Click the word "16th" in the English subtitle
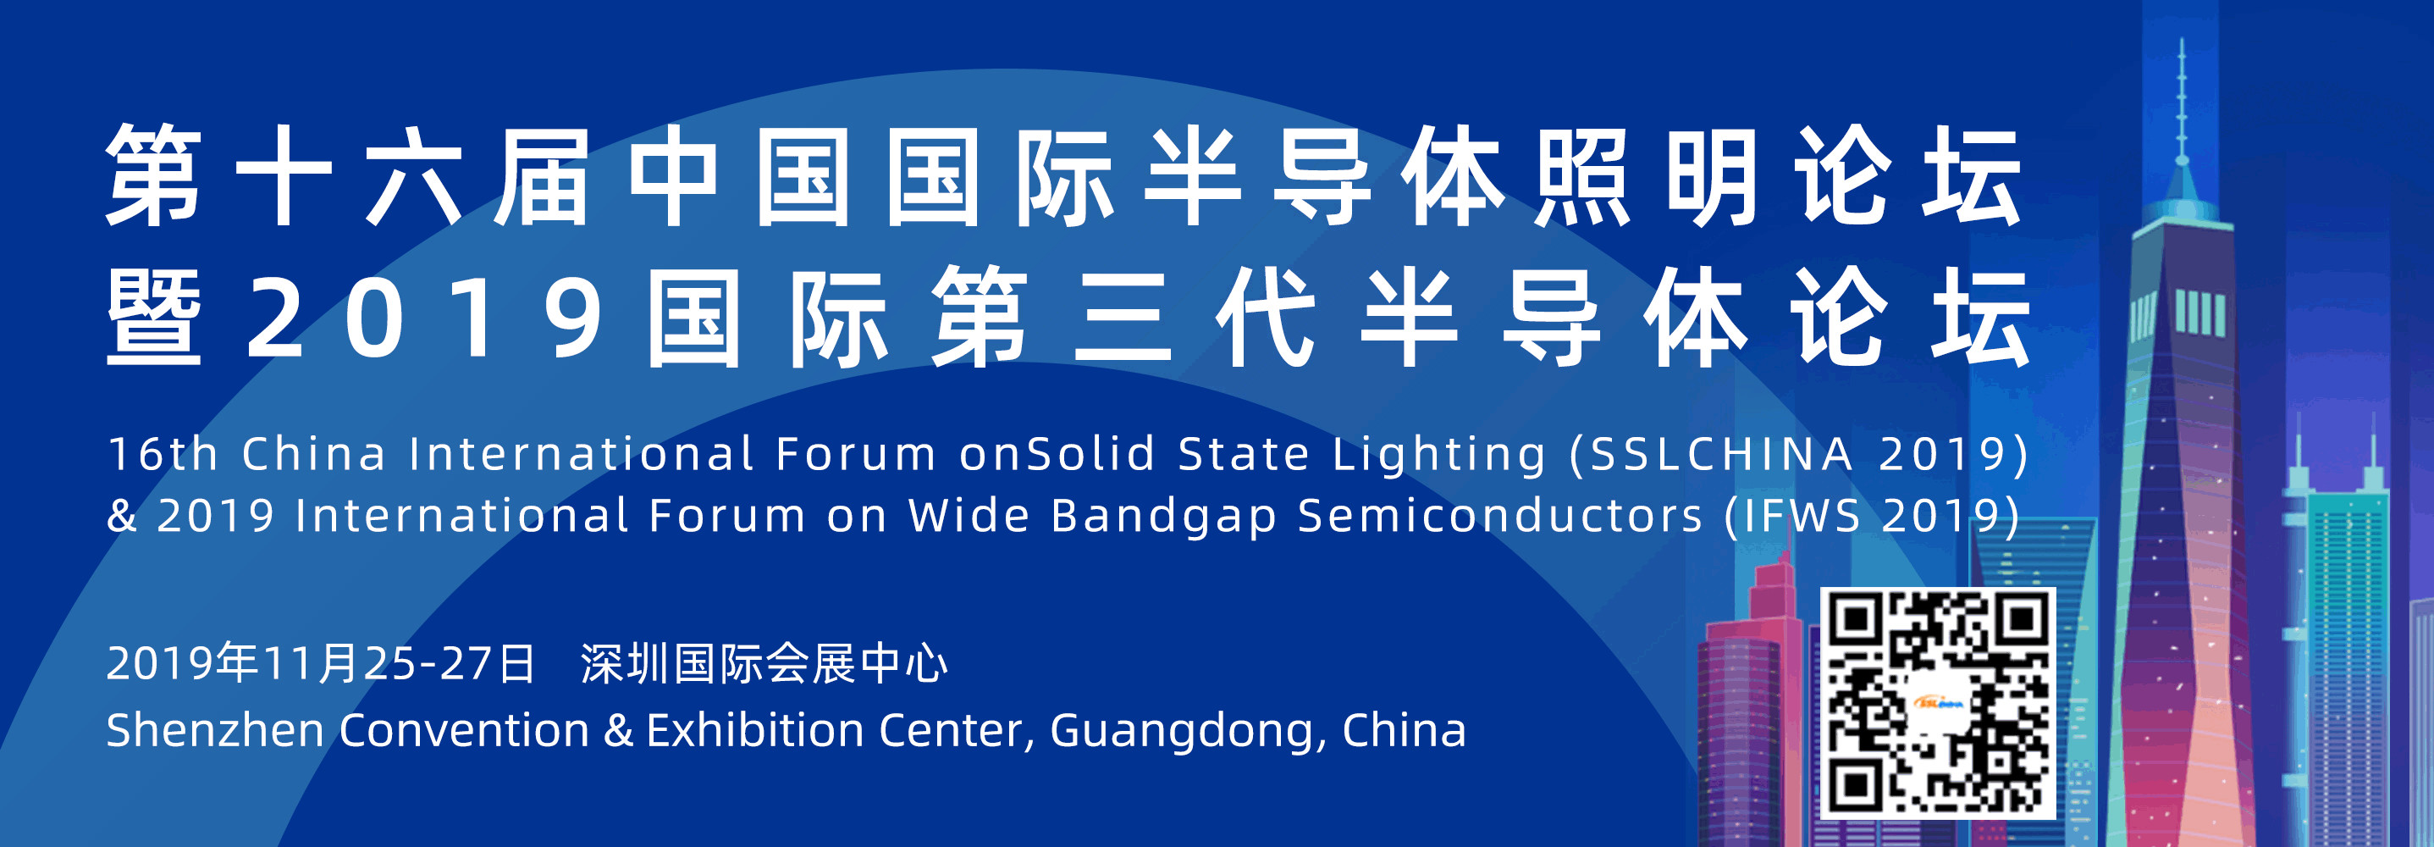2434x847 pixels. click(163, 454)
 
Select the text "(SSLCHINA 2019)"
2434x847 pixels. click(1800, 456)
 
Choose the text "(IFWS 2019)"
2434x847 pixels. click(1874, 517)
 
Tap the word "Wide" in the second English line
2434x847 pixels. click(969, 516)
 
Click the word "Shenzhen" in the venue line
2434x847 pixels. click(215, 731)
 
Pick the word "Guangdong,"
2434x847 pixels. click(1185, 733)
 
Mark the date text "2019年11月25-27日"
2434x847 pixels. click(321, 662)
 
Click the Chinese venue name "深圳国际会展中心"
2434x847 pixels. click(764, 662)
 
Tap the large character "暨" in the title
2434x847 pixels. click(154, 317)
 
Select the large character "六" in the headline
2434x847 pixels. click(414, 177)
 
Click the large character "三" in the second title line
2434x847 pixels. click(1123, 317)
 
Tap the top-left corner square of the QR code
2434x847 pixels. click(1856, 619)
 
